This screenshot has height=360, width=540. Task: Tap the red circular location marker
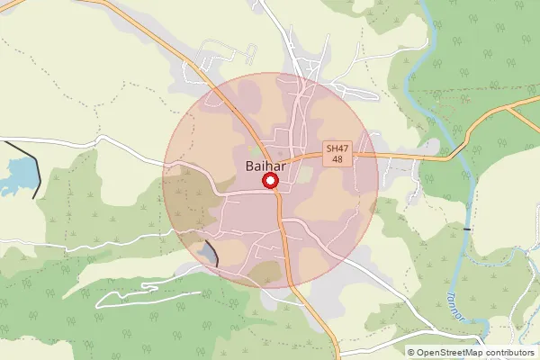(269, 182)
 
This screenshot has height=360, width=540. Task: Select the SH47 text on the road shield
(337, 148)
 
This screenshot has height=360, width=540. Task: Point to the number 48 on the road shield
(337, 159)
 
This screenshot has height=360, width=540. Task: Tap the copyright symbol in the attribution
(411, 353)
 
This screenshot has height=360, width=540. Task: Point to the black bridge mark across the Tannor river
(467, 229)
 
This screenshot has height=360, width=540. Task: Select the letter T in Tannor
(450, 296)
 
